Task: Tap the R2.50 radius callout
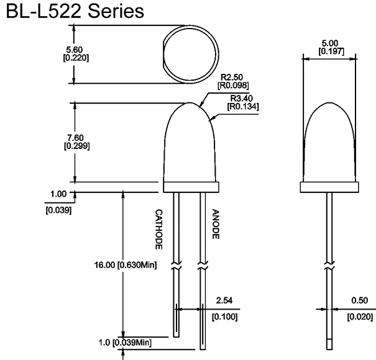point(229,76)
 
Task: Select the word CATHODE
point(158,229)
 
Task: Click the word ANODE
point(215,223)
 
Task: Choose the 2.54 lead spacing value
point(224,300)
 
